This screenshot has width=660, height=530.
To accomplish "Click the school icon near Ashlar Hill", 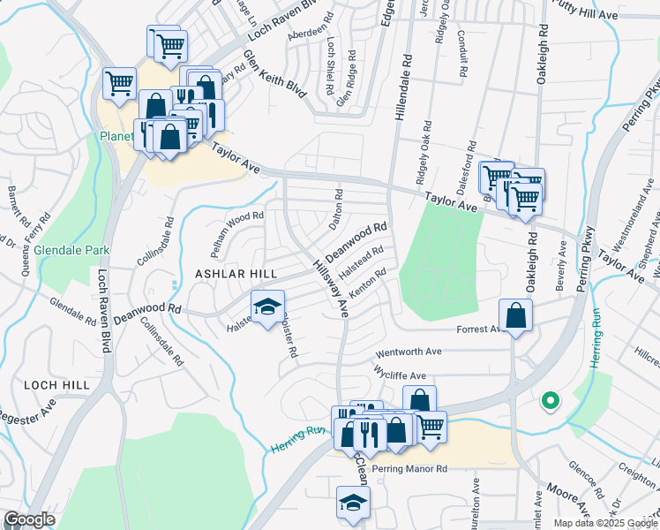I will point(268,307).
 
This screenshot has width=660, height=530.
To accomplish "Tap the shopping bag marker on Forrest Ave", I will point(515,315).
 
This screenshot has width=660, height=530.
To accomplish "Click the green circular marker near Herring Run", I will point(550,402).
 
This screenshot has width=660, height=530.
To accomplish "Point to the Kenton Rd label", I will point(368,284).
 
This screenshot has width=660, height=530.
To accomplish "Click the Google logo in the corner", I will point(30,519).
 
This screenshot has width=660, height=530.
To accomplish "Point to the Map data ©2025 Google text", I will point(604,523).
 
